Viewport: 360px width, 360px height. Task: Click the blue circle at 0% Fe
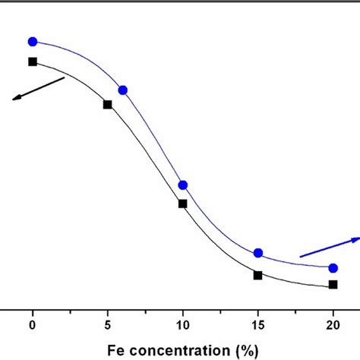click(33, 41)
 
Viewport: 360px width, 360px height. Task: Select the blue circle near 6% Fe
click(123, 90)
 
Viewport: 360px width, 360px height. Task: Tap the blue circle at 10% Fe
click(182, 185)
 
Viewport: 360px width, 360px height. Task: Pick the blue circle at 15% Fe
click(258, 253)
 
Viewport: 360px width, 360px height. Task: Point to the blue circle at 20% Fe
click(333, 267)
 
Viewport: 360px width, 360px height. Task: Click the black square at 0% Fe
click(33, 62)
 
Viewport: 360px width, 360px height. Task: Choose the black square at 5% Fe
click(108, 105)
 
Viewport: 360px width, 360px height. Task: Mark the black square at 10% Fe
click(182, 203)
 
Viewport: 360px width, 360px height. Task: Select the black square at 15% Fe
click(258, 275)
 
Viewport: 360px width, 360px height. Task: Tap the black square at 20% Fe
click(333, 285)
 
